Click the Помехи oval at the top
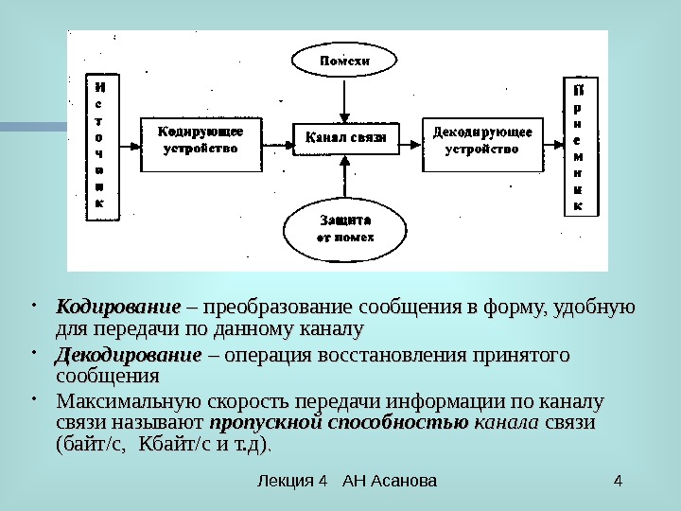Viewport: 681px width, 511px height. [x=343, y=62]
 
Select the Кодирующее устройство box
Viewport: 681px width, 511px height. [x=201, y=142]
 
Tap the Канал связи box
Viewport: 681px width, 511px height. [x=346, y=139]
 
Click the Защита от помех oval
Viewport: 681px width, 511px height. [x=343, y=227]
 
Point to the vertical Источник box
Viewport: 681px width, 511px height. [x=101, y=147]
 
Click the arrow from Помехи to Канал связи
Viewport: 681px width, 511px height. [x=346, y=99]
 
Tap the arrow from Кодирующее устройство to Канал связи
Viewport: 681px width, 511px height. [x=276, y=145]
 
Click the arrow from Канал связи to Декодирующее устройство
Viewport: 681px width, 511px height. [x=410, y=145]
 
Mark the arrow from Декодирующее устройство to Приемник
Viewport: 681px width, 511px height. [x=552, y=145]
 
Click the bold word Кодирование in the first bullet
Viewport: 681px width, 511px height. [x=117, y=308]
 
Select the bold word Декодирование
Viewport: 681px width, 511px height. [x=129, y=356]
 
